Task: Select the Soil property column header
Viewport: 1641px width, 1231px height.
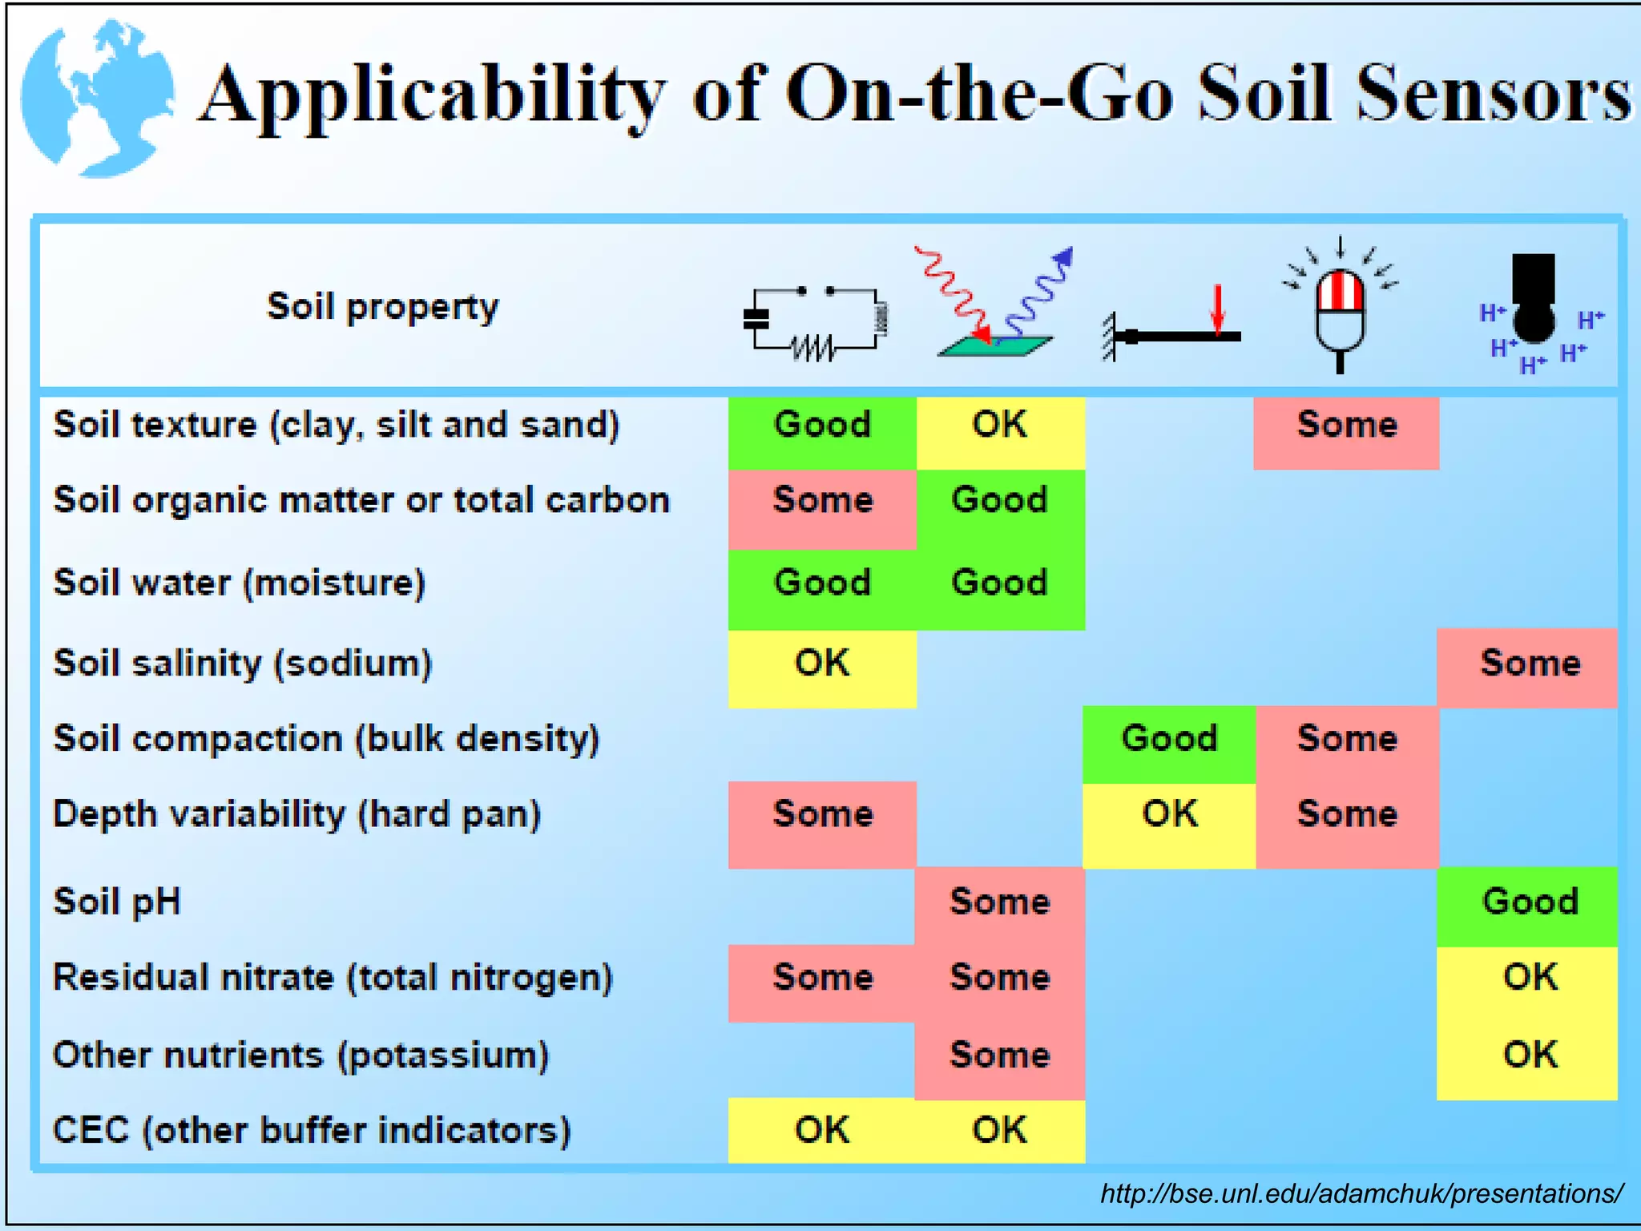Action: pos(382,307)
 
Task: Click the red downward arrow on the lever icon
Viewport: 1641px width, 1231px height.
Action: pos(1218,309)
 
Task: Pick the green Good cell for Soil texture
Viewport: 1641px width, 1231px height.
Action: pos(822,426)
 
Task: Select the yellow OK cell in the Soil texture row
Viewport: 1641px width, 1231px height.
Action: pos(999,426)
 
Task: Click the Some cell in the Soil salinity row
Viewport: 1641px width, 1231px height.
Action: pos(1529,664)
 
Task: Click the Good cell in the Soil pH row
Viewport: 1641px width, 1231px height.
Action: pos(1529,902)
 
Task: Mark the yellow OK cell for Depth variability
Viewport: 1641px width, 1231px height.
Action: pos(1169,815)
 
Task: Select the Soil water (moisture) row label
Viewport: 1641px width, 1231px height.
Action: pos(239,583)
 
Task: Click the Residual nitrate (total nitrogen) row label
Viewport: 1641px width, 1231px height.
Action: pos(333,979)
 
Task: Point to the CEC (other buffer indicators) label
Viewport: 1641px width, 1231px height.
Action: pos(312,1131)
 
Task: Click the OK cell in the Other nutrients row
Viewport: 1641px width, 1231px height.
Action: pos(1529,1055)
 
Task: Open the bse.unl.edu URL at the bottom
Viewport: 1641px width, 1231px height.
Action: pos(1361,1194)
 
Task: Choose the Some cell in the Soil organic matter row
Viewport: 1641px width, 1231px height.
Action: pos(822,501)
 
